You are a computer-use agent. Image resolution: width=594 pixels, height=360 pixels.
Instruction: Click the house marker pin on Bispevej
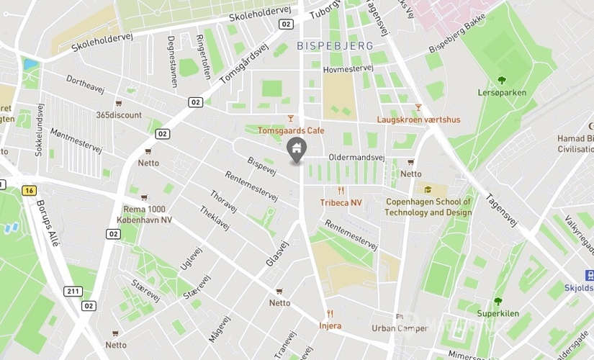pos(296,150)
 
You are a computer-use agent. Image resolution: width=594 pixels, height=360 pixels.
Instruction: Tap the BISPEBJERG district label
pos(335,45)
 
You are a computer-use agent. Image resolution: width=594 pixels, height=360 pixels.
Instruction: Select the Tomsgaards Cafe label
pos(291,130)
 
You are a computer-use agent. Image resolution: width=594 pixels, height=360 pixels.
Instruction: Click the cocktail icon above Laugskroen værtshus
pos(418,107)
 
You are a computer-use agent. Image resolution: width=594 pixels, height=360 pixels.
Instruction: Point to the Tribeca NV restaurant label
pos(341,202)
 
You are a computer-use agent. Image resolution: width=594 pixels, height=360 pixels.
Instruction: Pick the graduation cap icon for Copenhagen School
pos(428,190)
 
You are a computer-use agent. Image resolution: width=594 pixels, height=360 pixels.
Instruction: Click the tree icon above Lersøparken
pos(502,81)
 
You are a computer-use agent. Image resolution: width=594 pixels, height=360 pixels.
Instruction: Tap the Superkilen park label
pos(498,313)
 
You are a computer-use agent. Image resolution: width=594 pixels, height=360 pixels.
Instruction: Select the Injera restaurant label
pos(330,325)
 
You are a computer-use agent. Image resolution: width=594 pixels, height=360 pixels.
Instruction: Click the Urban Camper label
pos(399,328)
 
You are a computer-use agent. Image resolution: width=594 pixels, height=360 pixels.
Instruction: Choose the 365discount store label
pos(119,114)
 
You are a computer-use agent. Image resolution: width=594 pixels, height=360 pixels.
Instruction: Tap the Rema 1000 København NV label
pos(148,215)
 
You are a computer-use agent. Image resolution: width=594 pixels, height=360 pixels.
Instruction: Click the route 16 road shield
pos(29,190)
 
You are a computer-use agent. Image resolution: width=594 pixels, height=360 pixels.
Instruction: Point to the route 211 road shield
pos(72,291)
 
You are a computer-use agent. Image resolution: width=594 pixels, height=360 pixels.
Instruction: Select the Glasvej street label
pos(277,253)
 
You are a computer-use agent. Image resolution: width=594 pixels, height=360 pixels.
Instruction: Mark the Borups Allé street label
pos(48,222)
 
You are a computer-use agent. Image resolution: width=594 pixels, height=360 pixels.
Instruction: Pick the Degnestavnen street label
pos(172,62)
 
